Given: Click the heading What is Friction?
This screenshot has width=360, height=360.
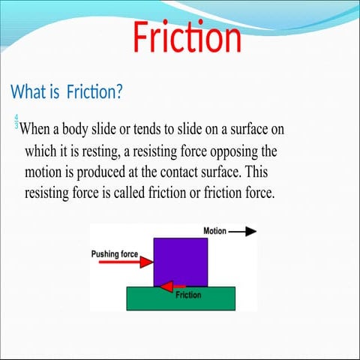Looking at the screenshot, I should pos(67,92).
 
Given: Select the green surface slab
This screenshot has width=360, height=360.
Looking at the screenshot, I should pos(183,299).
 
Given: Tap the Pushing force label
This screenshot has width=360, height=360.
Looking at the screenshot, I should pos(114,254).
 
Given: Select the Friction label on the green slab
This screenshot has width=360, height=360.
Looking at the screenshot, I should pos(188,295).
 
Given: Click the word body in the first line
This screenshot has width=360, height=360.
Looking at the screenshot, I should pos(92,127).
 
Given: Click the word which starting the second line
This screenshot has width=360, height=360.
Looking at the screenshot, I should pos(42,149).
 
